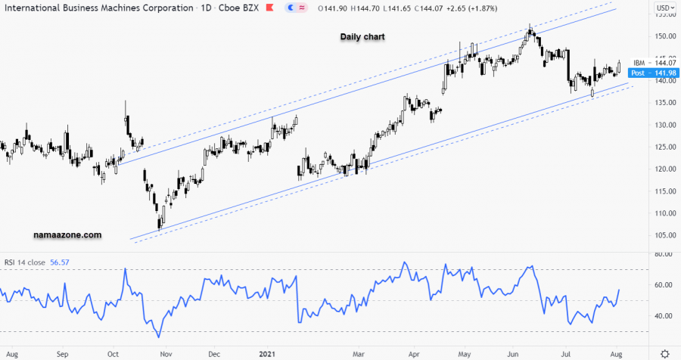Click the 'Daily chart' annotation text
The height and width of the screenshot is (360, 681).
coord(362,36)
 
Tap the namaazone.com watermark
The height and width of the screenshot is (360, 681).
coord(68,235)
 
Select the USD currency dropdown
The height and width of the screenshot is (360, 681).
coord(664,8)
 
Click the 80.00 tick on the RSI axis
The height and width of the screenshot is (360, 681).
coord(664,255)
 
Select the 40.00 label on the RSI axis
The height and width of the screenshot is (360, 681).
coord(664,316)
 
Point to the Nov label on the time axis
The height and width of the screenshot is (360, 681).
coord(165,353)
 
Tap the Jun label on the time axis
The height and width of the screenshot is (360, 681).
coord(513,353)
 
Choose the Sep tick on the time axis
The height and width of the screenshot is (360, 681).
coord(63,353)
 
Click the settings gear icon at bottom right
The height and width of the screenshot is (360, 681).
coord(664,353)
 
